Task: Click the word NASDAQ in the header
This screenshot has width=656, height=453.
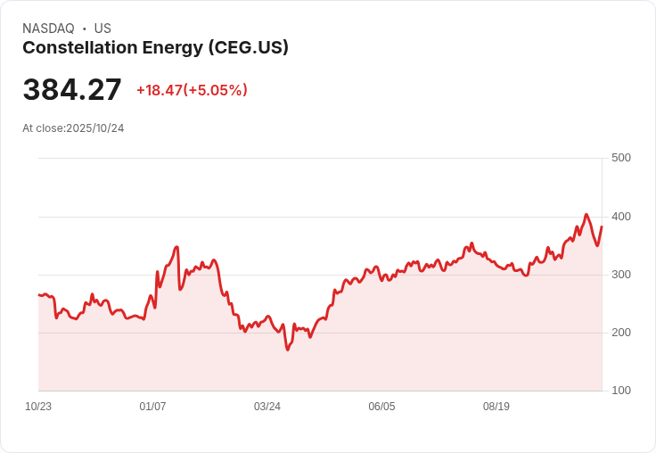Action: [x=47, y=29]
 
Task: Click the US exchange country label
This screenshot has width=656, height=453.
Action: [x=102, y=29]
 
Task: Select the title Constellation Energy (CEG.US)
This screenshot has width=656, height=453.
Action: [x=155, y=48]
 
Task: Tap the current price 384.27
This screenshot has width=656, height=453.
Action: [x=72, y=90]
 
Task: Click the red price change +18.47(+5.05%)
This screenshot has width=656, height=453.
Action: [x=192, y=90]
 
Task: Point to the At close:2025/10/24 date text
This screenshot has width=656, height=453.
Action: [x=73, y=128]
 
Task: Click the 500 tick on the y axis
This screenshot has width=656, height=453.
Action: [x=620, y=158]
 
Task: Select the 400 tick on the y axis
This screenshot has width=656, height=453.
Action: [x=620, y=217]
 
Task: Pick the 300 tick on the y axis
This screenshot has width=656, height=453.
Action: [x=620, y=275]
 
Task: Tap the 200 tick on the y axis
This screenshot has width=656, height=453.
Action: [x=620, y=333]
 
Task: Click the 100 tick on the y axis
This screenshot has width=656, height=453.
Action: [x=620, y=391]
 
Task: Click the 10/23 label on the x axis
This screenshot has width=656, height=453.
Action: [x=38, y=407]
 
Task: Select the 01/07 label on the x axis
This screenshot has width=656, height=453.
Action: [x=152, y=407]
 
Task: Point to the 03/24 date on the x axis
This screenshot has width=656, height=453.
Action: [x=267, y=407]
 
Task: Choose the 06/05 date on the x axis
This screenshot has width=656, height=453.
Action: [x=381, y=407]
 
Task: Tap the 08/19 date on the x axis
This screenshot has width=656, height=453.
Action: [x=496, y=407]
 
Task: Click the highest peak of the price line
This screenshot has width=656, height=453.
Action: [x=586, y=215]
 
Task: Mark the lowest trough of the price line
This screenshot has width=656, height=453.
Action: [x=288, y=350]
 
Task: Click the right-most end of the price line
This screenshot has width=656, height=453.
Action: [x=602, y=226]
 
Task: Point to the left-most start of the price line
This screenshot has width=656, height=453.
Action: [x=39, y=294]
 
